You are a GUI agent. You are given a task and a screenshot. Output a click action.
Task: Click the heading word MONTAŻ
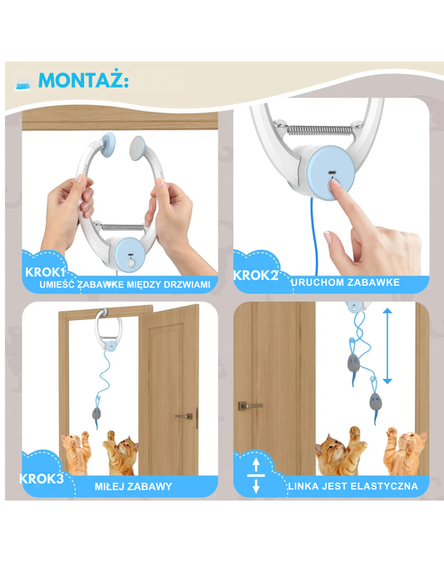coord(83,79)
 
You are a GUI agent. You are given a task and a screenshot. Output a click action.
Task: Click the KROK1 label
coord(45,272)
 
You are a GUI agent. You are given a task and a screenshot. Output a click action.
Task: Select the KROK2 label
coord(256,275)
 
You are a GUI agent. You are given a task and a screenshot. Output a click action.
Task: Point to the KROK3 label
coord(42,479)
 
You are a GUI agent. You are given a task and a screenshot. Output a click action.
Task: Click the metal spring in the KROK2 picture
coord(318,129)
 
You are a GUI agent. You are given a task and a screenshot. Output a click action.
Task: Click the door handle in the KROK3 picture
coord(185,417)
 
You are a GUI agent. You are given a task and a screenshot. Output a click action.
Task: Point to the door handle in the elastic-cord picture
coord(250,406)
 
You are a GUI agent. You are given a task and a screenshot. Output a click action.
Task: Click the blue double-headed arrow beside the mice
coord(387,347)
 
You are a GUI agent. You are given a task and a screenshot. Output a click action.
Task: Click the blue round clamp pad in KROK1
coord(107,144)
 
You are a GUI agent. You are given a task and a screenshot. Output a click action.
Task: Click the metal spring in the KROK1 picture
coord(123,227)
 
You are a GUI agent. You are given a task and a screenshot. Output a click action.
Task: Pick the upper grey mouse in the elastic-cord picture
coord(353,364)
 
